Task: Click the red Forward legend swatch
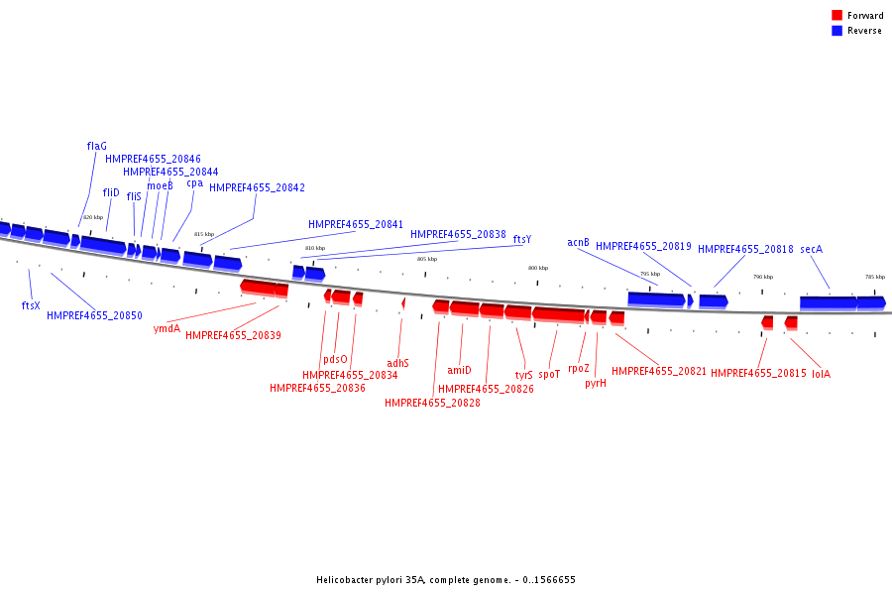(x=836, y=16)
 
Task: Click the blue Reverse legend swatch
(x=836, y=31)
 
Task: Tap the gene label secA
(x=811, y=250)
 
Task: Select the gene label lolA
(x=821, y=374)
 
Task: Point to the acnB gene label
(x=578, y=243)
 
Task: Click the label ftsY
(x=521, y=240)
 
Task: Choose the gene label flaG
(x=96, y=147)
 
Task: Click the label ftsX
(x=31, y=305)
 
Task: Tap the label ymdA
(x=167, y=328)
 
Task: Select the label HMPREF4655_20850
(x=94, y=316)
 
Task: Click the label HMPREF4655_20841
(x=356, y=225)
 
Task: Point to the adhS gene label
(x=397, y=363)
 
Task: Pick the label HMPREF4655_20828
(x=432, y=404)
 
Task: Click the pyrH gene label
(x=595, y=383)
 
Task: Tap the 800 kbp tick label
(x=537, y=269)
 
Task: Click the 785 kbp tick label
(x=874, y=278)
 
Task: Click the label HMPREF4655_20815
(x=758, y=374)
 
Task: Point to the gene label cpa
(x=194, y=182)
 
